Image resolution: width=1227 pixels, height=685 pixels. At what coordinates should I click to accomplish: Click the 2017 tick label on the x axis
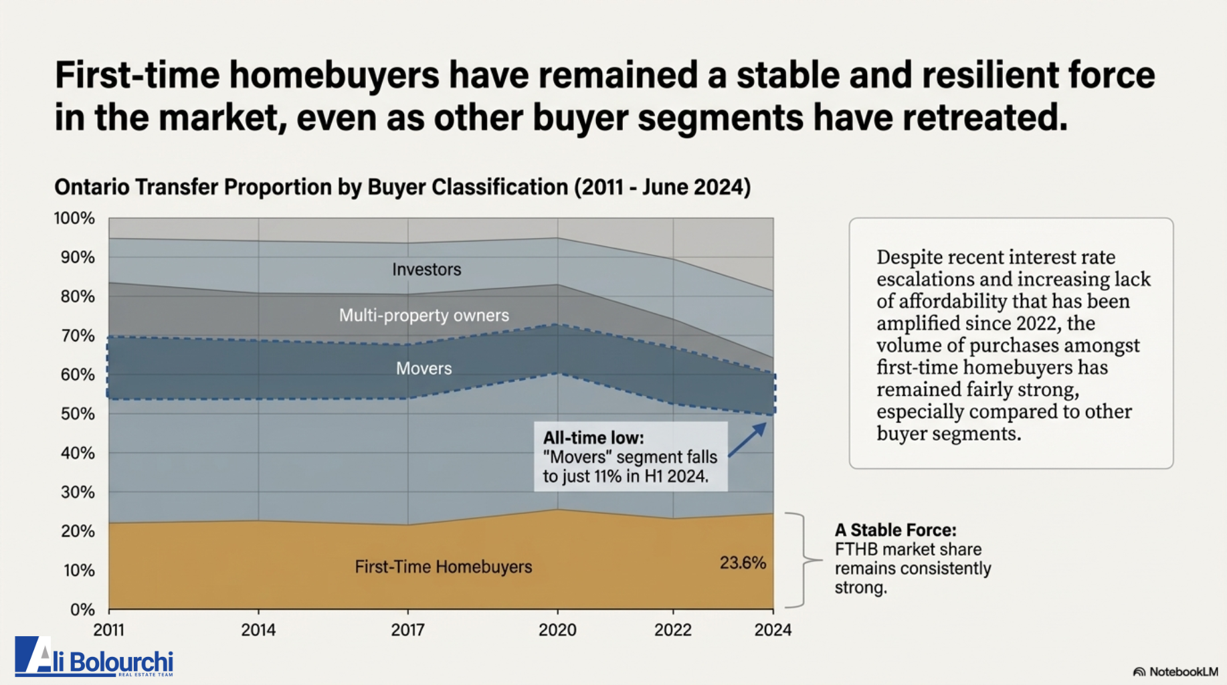click(x=407, y=629)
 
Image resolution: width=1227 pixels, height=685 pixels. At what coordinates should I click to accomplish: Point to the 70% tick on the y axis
click(x=78, y=335)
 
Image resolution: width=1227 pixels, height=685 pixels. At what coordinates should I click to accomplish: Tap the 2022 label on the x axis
click(x=672, y=629)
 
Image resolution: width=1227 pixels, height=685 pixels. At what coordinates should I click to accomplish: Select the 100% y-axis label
click(x=74, y=218)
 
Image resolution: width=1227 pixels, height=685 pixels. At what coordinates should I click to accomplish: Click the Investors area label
click(x=426, y=270)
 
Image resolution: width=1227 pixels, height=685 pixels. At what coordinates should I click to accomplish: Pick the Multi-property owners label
click(x=423, y=315)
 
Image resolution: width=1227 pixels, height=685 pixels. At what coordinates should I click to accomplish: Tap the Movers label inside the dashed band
click(x=423, y=369)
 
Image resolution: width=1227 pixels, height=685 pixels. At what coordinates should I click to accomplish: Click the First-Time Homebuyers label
click(x=443, y=567)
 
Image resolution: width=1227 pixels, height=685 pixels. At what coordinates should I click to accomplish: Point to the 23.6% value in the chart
click(x=743, y=563)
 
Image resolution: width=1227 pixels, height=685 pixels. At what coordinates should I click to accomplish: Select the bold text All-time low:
click(x=593, y=438)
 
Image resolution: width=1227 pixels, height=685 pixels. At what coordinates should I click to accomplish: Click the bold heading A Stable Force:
click(x=895, y=530)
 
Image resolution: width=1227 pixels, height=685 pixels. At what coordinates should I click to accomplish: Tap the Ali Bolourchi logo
click(x=94, y=657)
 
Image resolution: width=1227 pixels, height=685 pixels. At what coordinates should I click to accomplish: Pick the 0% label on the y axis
click(x=82, y=609)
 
